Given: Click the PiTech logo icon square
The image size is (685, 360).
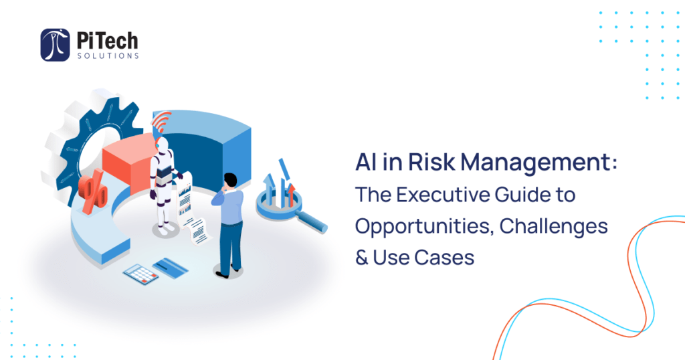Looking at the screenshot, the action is tap(55, 45).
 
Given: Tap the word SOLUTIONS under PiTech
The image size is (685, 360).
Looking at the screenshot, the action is tap(108, 56).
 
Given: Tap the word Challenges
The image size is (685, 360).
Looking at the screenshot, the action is tap(553, 226).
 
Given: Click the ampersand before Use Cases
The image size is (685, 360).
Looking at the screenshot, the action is tap(362, 258).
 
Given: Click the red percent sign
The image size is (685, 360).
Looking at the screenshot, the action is tap(93, 192).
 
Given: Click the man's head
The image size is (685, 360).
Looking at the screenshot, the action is tap(230, 181).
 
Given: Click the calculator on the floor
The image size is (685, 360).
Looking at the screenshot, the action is tap(140, 274).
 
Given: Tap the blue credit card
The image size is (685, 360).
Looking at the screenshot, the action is tap(171, 267).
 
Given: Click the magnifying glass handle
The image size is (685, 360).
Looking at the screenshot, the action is tap(310, 221).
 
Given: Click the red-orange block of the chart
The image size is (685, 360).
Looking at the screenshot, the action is tap(128, 163).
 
